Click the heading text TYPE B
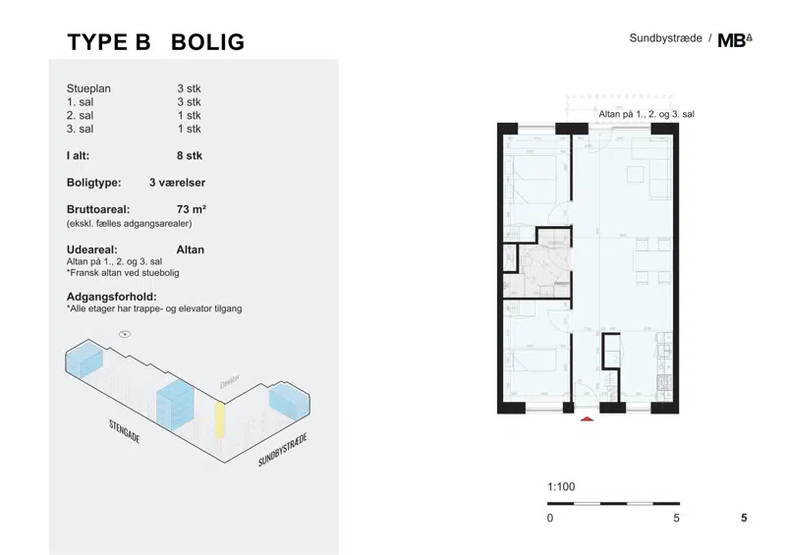[x=109, y=42]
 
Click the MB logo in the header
[x=735, y=40]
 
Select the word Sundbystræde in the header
[x=666, y=38]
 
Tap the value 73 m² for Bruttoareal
[x=192, y=209]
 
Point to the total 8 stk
[x=190, y=155]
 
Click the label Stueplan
[x=88, y=88]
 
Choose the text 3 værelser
[x=178, y=183]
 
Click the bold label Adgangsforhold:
[x=112, y=297]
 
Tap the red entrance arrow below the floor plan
[x=587, y=418]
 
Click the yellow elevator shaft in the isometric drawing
[x=219, y=420]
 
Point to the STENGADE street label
[x=125, y=431]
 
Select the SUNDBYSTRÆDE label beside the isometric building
[x=282, y=450]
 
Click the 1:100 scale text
[x=561, y=487]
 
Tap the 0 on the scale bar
[x=550, y=518]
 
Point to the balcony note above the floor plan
[x=646, y=114]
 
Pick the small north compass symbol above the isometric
[x=125, y=334]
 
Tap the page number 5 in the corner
[x=744, y=518]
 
